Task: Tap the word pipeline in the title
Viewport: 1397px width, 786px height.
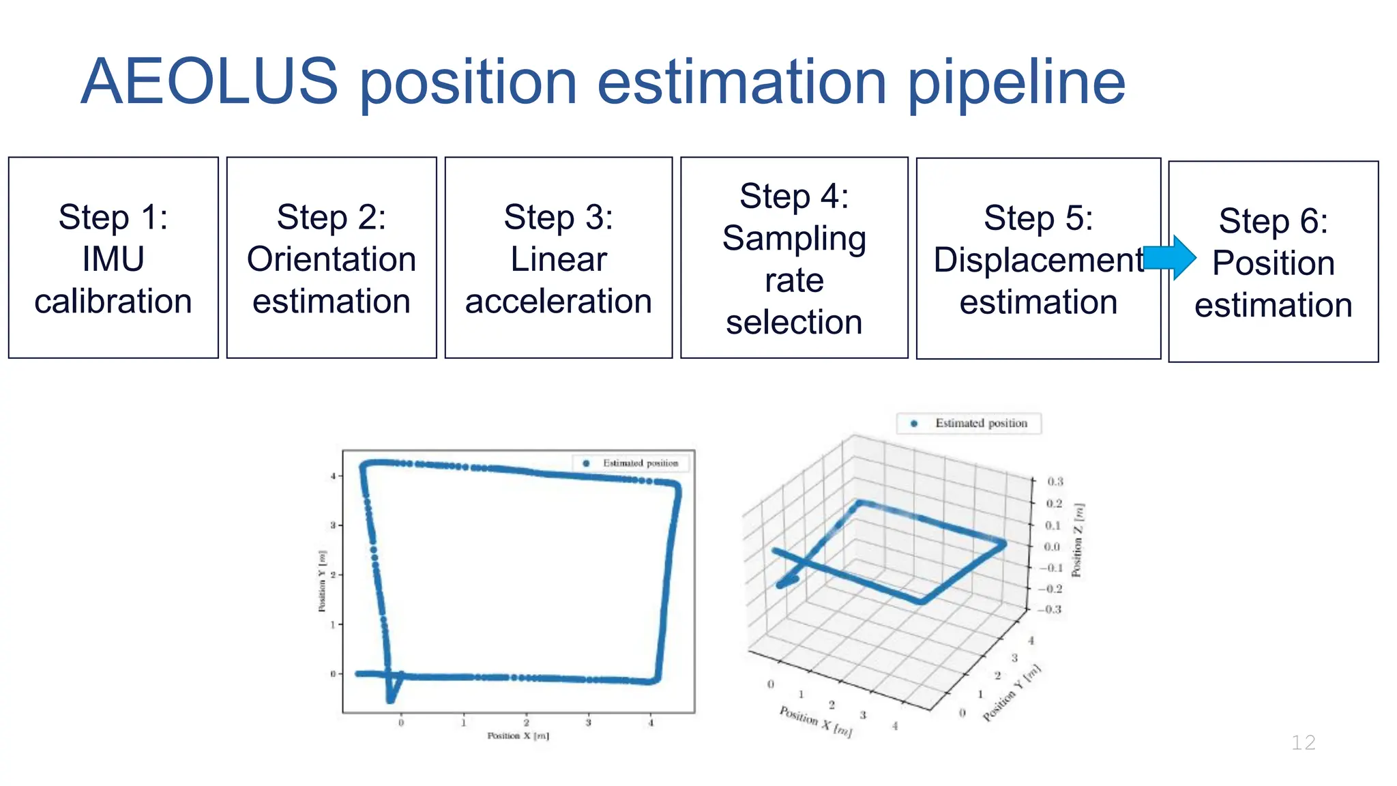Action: (x=1016, y=83)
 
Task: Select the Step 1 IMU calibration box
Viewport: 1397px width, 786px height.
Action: (x=113, y=258)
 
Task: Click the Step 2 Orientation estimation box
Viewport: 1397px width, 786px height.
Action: (x=332, y=258)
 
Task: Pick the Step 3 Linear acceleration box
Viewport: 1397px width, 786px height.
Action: (x=558, y=258)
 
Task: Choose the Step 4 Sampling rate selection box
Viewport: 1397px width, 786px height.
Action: (x=794, y=258)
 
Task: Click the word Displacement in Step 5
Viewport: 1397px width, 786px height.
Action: (x=1038, y=260)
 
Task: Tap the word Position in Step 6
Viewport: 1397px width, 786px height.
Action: (x=1273, y=263)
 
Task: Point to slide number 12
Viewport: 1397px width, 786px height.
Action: (x=1303, y=742)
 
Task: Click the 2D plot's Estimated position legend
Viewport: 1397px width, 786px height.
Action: (x=631, y=463)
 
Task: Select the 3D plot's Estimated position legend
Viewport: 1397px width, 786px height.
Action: (x=969, y=423)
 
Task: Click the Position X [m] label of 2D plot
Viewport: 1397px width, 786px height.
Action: (x=518, y=736)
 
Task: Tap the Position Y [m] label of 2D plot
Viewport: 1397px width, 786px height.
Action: (x=322, y=581)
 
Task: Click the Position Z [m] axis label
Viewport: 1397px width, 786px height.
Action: (x=1078, y=540)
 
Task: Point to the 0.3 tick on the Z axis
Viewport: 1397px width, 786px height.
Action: (x=1055, y=482)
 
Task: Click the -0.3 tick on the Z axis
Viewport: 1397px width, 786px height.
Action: (x=1051, y=609)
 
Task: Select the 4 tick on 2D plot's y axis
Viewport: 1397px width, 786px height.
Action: (x=333, y=476)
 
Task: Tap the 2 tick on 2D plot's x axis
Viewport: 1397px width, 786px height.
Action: (x=526, y=723)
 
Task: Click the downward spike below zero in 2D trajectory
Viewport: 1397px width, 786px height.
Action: (x=391, y=697)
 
